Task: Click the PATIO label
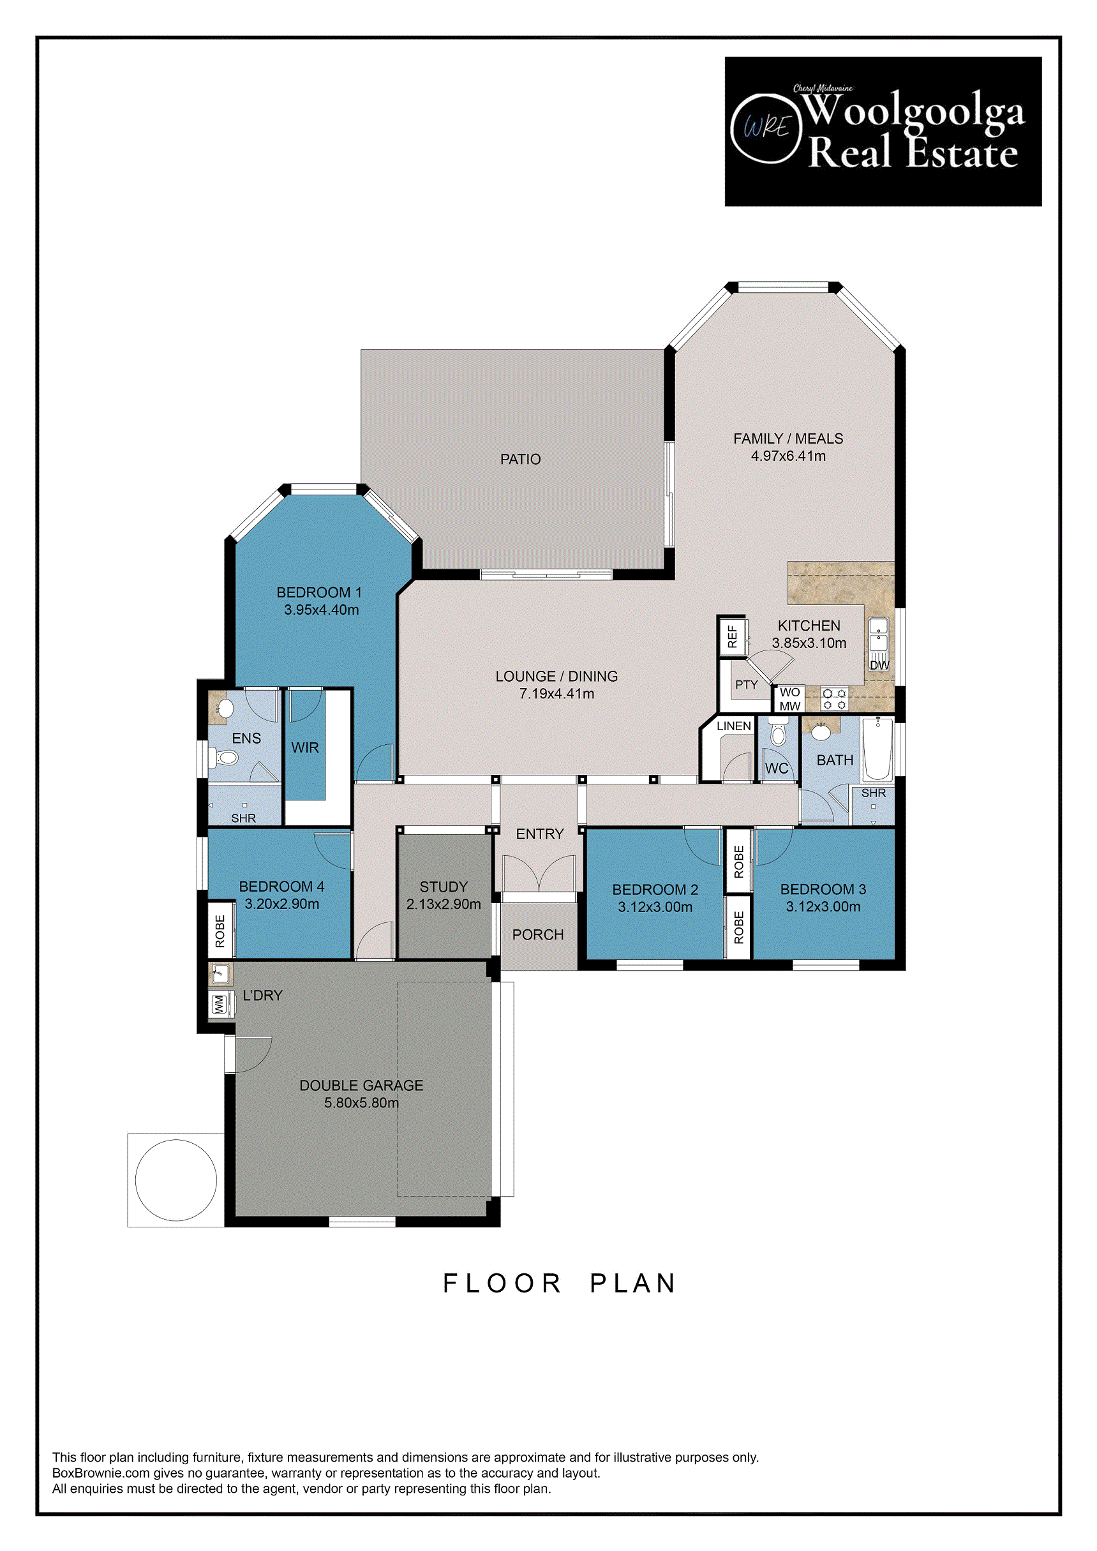(x=520, y=460)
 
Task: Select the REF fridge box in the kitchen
(x=732, y=636)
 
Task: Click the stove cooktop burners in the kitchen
(x=834, y=698)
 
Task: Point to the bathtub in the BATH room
(x=878, y=750)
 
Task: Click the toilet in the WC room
(x=778, y=731)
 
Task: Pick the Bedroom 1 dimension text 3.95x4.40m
(x=322, y=610)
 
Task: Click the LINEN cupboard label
(x=734, y=726)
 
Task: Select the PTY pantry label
(x=747, y=685)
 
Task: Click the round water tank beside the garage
(x=176, y=1180)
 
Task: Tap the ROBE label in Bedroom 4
(x=220, y=931)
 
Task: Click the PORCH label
(x=538, y=935)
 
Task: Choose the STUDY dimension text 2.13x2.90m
(x=444, y=904)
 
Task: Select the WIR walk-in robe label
(x=304, y=748)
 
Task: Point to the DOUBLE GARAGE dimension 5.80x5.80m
(x=361, y=1103)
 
